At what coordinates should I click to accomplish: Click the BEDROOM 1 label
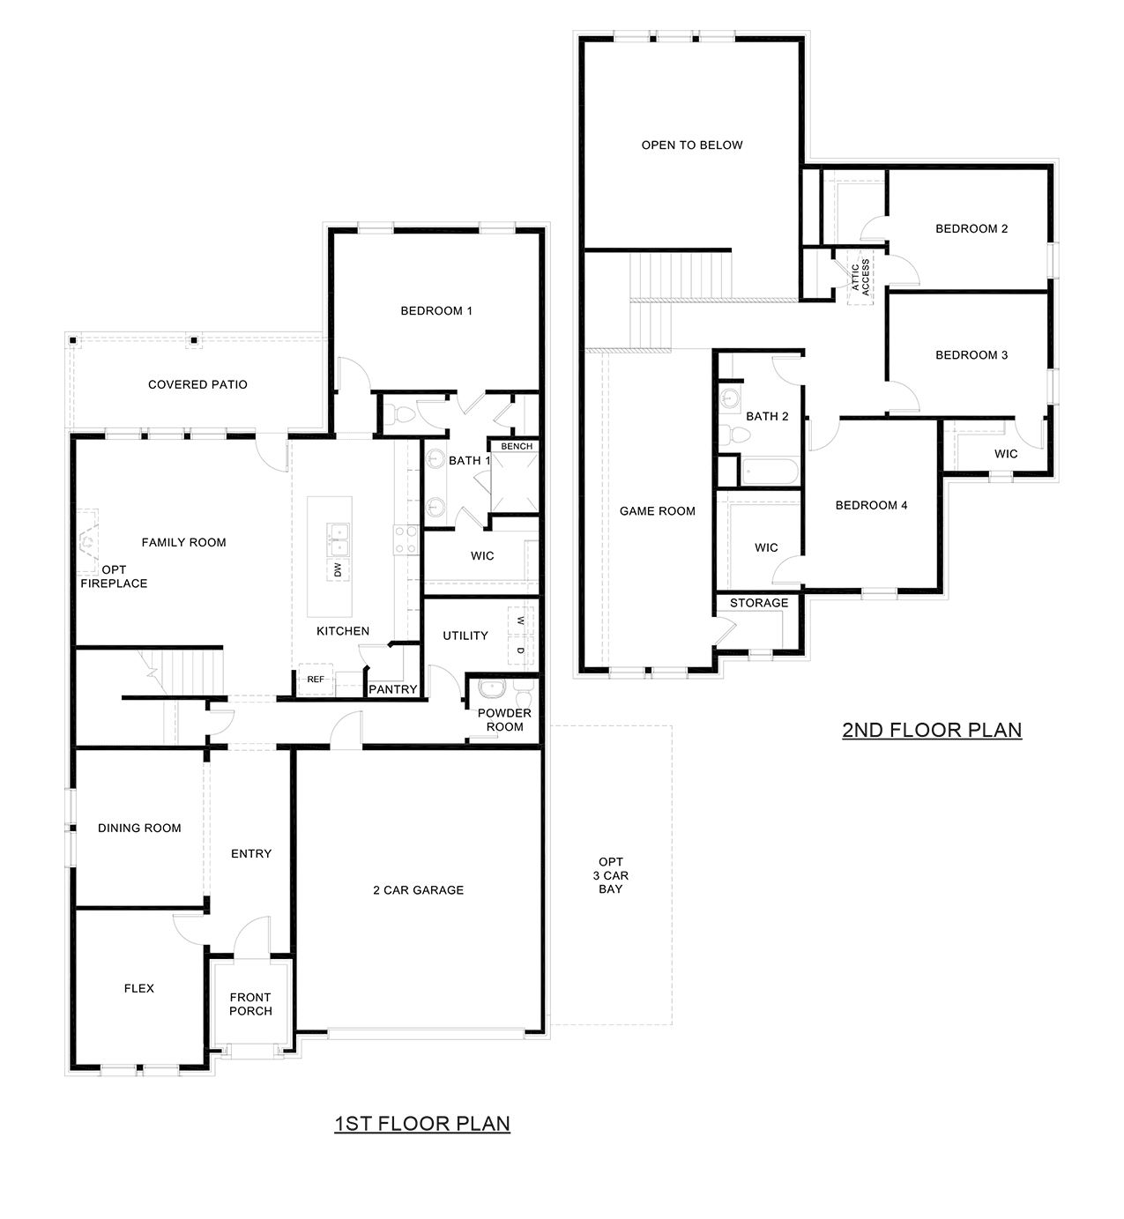pyautogui.click(x=436, y=310)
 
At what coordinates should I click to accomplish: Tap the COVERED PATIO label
pyautogui.click(x=197, y=384)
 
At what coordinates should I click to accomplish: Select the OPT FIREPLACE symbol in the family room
pyautogui.click(x=87, y=540)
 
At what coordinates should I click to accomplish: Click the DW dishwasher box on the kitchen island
pyautogui.click(x=337, y=570)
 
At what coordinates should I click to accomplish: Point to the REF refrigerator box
pyautogui.click(x=315, y=679)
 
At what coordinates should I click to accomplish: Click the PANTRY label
pyautogui.click(x=392, y=689)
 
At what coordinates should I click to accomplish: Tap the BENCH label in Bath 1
pyautogui.click(x=517, y=446)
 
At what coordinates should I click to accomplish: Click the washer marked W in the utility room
pyautogui.click(x=520, y=621)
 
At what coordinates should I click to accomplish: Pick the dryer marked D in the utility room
pyautogui.click(x=520, y=650)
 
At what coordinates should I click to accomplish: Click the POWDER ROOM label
pyautogui.click(x=504, y=719)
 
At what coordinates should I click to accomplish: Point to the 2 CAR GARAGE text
pyautogui.click(x=418, y=890)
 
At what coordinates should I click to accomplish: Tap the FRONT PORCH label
pyautogui.click(x=250, y=1004)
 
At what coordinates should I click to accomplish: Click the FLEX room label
pyautogui.click(x=138, y=988)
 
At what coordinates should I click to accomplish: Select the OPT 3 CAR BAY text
pyautogui.click(x=610, y=875)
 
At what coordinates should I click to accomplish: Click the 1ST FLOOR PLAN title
pyautogui.click(x=422, y=1123)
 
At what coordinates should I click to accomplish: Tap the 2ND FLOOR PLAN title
pyautogui.click(x=932, y=730)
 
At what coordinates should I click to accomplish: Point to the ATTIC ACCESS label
pyautogui.click(x=860, y=276)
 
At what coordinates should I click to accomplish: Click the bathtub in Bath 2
pyautogui.click(x=770, y=472)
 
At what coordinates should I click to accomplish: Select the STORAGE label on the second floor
pyautogui.click(x=758, y=603)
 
